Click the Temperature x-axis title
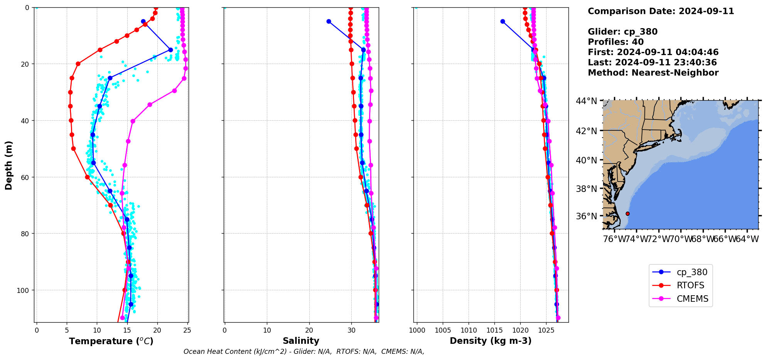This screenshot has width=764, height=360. tap(111, 341)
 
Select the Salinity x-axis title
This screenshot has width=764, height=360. tap(301, 341)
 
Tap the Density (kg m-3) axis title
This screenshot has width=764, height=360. tap(491, 341)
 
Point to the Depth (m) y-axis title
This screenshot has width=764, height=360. tap(8, 165)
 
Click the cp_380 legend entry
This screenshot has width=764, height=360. tap(692, 272)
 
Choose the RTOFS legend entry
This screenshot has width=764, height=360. tap(690, 286)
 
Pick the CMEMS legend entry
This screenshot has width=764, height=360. tap(692, 299)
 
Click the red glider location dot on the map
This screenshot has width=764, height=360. tap(627, 214)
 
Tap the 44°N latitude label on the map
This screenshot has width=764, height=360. tap(586, 101)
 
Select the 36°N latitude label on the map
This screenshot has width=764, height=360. tap(586, 216)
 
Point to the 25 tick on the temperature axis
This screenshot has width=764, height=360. tap(187, 330)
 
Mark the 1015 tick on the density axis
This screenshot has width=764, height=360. tap(469, 330)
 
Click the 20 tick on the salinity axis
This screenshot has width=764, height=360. tap(309, 330)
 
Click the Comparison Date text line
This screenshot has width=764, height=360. tap(661, 11)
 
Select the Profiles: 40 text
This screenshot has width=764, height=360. tap(616, 42)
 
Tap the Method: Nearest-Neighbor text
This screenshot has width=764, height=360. tap(653, 73)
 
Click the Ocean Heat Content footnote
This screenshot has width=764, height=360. tap(304, 352)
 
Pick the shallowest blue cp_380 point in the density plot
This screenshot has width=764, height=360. tap(503, 21)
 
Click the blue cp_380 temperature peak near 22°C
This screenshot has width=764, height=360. tap(170, 50)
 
